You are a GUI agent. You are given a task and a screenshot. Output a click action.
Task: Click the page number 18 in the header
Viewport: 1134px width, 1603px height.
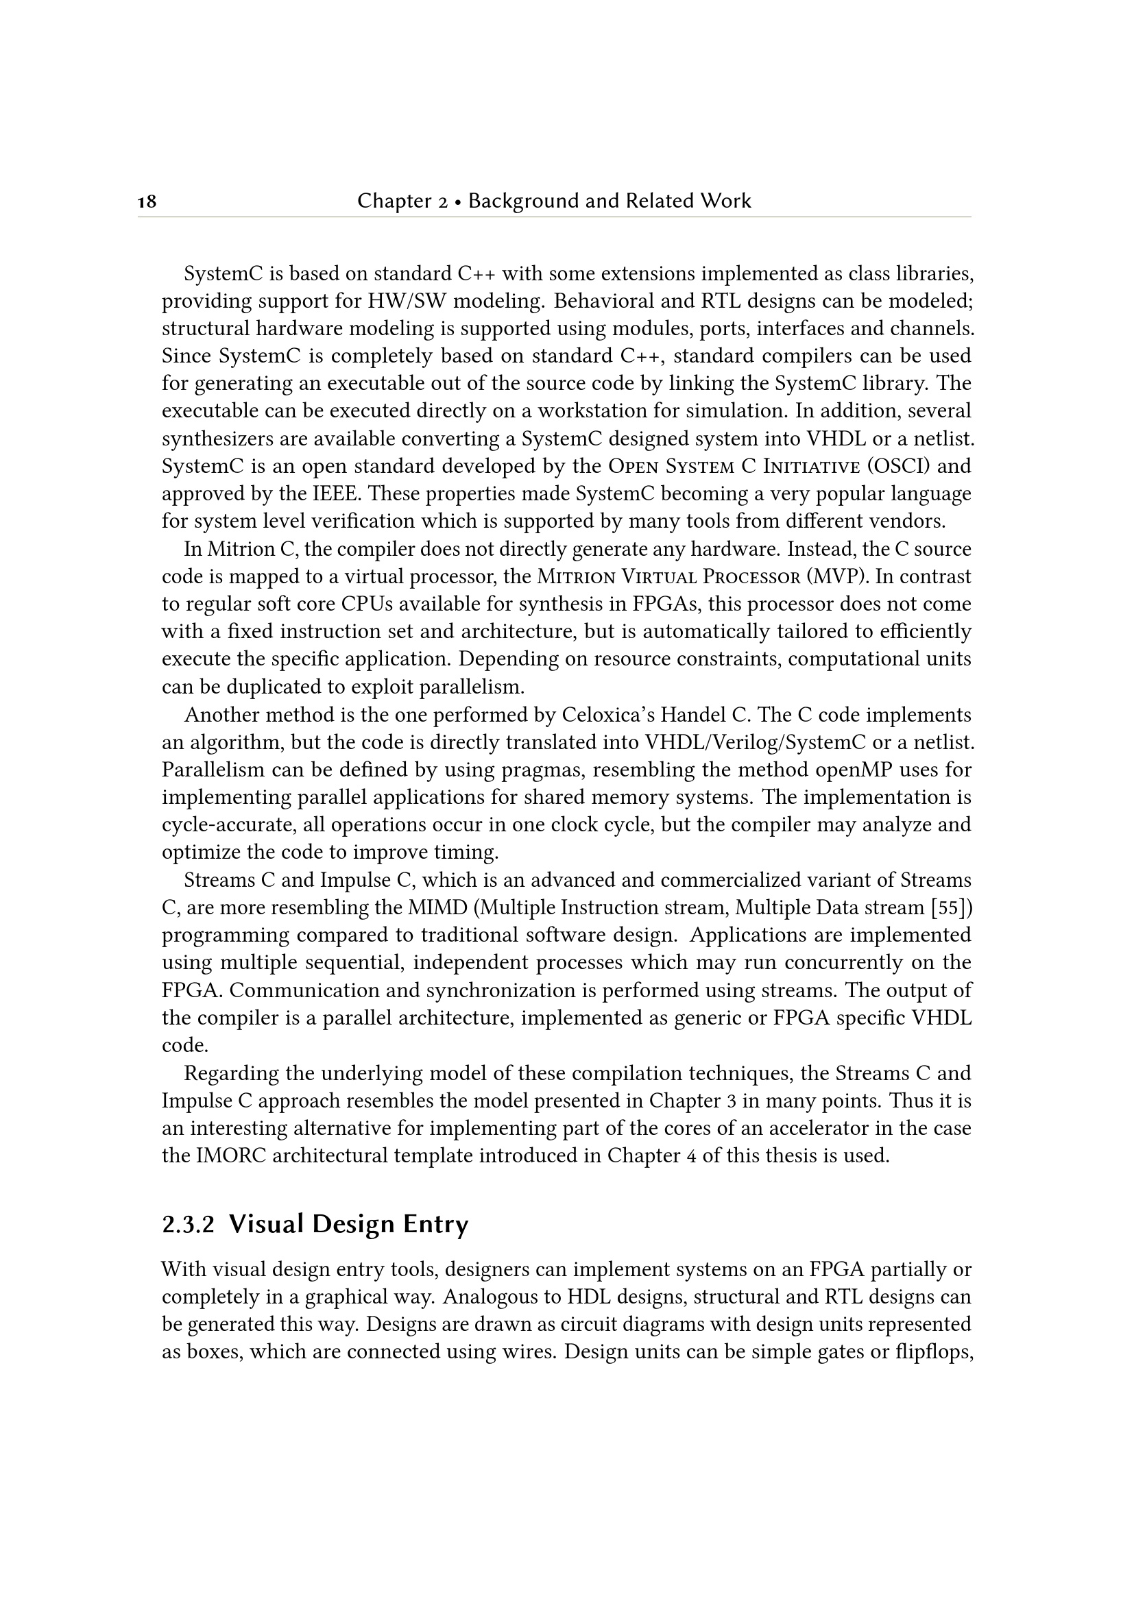click(x=147, y=202)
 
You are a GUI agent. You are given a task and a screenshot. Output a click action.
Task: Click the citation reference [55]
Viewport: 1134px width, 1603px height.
click(x=952, y=907)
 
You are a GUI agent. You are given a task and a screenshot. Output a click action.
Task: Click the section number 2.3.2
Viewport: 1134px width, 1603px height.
click(x=188, y=1226)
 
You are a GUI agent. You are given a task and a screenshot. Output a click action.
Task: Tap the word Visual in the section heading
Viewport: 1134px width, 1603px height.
click(x=266, y=1225)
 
